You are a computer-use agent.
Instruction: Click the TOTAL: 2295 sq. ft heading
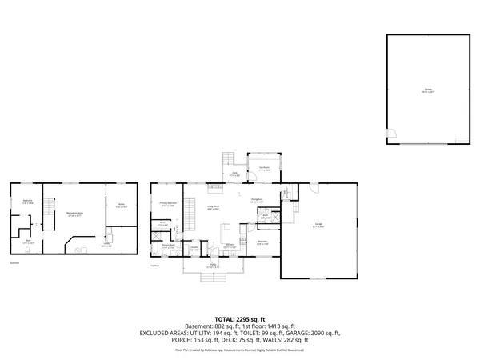pyautogui.click(x=240, y=318)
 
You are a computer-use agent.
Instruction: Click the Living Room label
pyautogui.click(x=214, y=207)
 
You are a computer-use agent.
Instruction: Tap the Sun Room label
pyautogui.click(x=263, y=169)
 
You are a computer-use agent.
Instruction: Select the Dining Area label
pyautogui.click(x=258, y=201)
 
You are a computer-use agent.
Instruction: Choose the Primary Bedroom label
pyautogui.click(x=167, y=205)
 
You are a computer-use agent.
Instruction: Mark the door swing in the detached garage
pyautogui.click(x=391, y=133)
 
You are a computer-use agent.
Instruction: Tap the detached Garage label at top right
pyautogui.click(x=429, y=90)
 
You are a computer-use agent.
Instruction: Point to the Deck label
pyautogui.click(x=235, y=173)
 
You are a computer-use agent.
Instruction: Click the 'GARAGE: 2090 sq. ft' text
pyautogui.click(x=309, y=333)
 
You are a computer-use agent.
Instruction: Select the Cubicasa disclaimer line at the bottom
pyautogui.click(x=240, y=350)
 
